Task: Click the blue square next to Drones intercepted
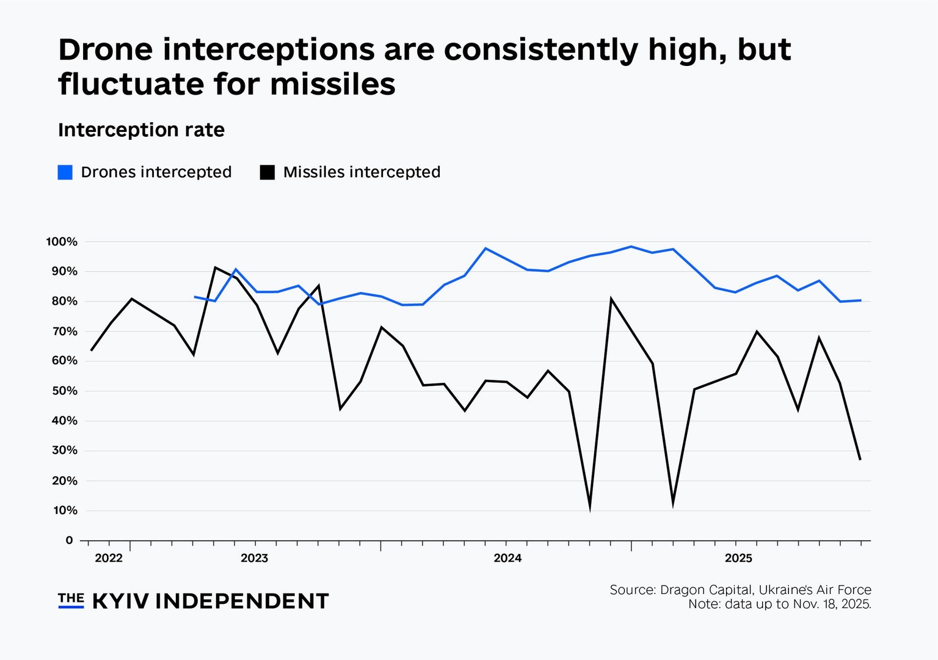65,172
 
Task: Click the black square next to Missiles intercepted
267,172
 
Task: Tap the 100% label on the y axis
62,242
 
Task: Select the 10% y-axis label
65,510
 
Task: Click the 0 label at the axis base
69,540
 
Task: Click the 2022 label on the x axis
109,558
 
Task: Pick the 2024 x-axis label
507,558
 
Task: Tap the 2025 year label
738,558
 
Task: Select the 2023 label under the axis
255,558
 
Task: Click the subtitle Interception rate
141,130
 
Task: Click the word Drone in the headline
106,49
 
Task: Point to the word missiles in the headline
333,84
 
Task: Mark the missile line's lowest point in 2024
590,507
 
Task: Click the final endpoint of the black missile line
860,459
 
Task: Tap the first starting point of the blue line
195,297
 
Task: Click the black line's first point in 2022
91,350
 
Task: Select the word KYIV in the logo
120,601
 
